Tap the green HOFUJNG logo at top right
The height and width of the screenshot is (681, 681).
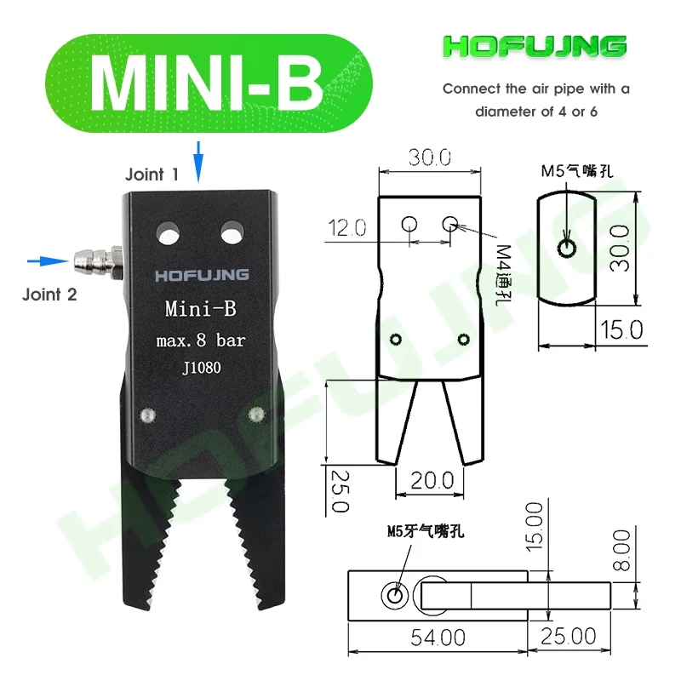(535, 48)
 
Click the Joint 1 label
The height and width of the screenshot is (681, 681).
(152, 175)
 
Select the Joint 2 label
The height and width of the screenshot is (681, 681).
(49, 295)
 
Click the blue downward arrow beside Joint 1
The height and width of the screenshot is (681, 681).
(198, 162)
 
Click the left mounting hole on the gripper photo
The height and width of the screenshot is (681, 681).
(169, 232)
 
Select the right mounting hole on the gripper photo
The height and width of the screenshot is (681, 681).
(231, 232)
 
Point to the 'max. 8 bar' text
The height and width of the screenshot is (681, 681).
(201, 340)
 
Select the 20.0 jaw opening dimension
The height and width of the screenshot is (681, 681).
(432, 480)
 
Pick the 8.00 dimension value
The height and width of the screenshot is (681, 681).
(621, 551)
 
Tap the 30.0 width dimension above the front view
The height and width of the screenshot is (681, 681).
(429, 157)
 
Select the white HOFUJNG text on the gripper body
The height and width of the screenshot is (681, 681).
(201, 274)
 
